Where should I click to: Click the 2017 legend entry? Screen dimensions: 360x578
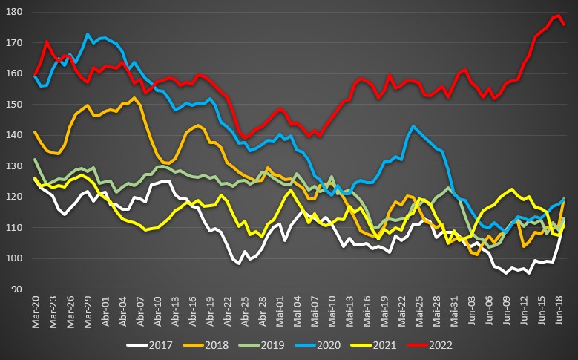coord(155,345)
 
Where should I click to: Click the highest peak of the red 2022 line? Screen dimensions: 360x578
coord(557,16)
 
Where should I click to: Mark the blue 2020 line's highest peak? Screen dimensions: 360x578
coord(88,34)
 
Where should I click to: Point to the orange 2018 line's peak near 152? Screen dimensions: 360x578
coord(134,98)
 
